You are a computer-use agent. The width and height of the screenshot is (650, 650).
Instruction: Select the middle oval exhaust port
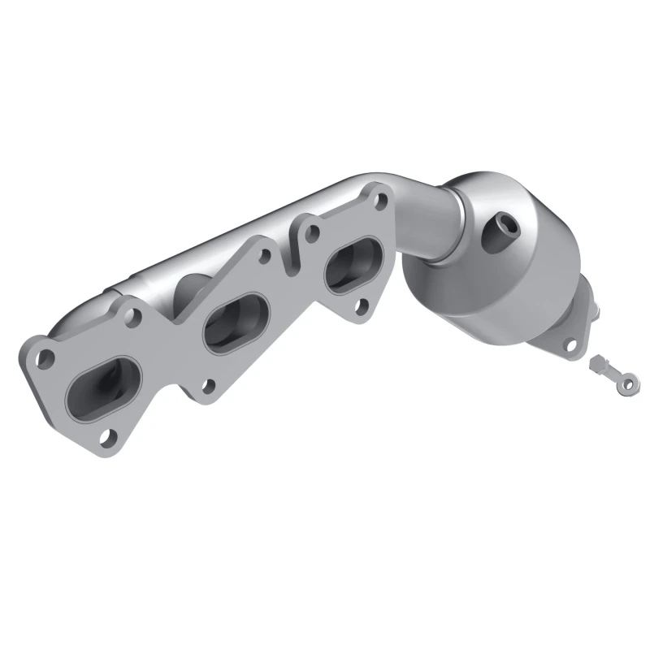tap(236, 319)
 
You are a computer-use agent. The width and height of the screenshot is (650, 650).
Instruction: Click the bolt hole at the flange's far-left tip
tap(46, 356)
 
